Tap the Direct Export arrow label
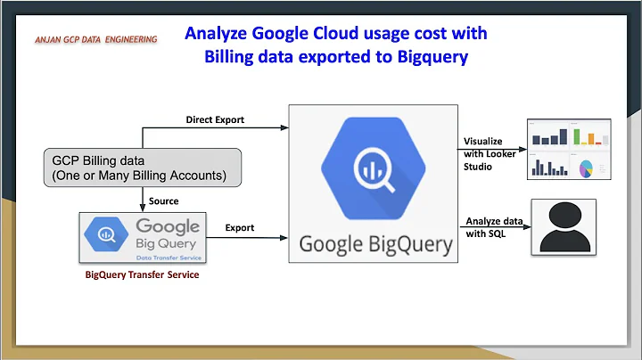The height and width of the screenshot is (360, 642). [x=215, y=119]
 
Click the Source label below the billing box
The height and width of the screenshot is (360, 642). [x=163, y=201]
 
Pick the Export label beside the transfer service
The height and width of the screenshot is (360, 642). [x=239, y=227]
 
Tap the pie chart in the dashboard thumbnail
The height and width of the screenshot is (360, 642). [x=588, y=168]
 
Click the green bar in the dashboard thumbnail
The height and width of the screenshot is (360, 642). [x=577, y=135]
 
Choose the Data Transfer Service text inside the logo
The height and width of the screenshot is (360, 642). [x=170, y=256]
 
